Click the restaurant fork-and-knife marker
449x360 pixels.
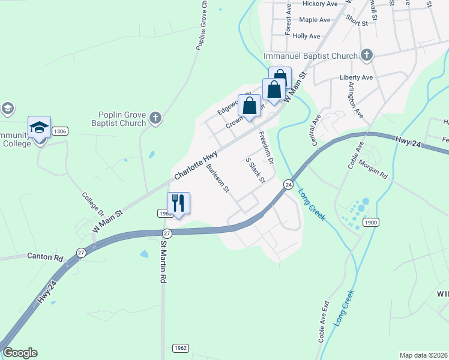[x=178, y=203]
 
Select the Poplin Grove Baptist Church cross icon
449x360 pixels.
[x=156, y=118]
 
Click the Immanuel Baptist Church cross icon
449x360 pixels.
[x=366, y=56]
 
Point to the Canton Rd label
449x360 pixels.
[x=45, y=256]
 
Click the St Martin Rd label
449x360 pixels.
[x=163, y=262]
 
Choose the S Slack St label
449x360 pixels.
[x=256, y=170]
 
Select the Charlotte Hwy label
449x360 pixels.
[x=196, y=166]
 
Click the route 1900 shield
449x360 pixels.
[x=370, y=223]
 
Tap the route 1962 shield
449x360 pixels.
[x=181, y=348]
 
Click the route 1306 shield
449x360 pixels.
[x=59, y=131]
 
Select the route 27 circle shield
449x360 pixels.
[x=167, y=233]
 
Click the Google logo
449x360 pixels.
[x=20, y=353]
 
